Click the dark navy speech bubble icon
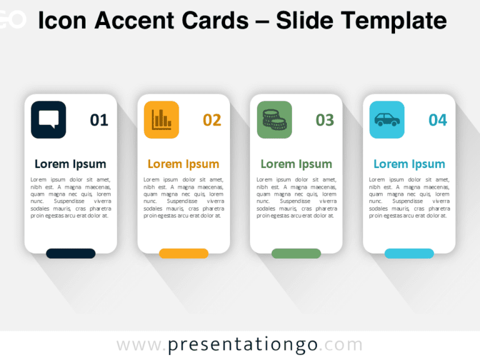pyautogui.click(x=49, y=119)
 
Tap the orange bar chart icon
pyautogui.click(x=161, y=119)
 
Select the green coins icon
pyautogui.click(x=274, y=119)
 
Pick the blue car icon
pyautogui.click(x=387, y=119)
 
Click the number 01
pyautogui.click(x=99, y=120)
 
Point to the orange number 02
pyautogui.click(x=212, y=120)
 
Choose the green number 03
pyautogui.click(x=325, y=120)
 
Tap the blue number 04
pyautogui.click(x=437, y=120)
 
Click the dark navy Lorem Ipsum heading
pyautogui.click(x=71, y=164)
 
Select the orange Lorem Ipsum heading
pyautogui.click(x=183, y=164)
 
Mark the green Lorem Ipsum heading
pyautogui.click(x=296, y=164)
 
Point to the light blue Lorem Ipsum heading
pyautogui.click(x=409, y=164)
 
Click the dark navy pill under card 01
pyautogui.click(x=71, y=253)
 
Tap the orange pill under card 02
pyautogui.click(x=184, y=253)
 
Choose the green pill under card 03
pyautogui.click(x=296, y=253)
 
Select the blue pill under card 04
pyautogui.click(x=409, y=253)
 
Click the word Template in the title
pyautogui.click(x=392, y=21)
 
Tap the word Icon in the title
pyautogui.click(x=61, y=21)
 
